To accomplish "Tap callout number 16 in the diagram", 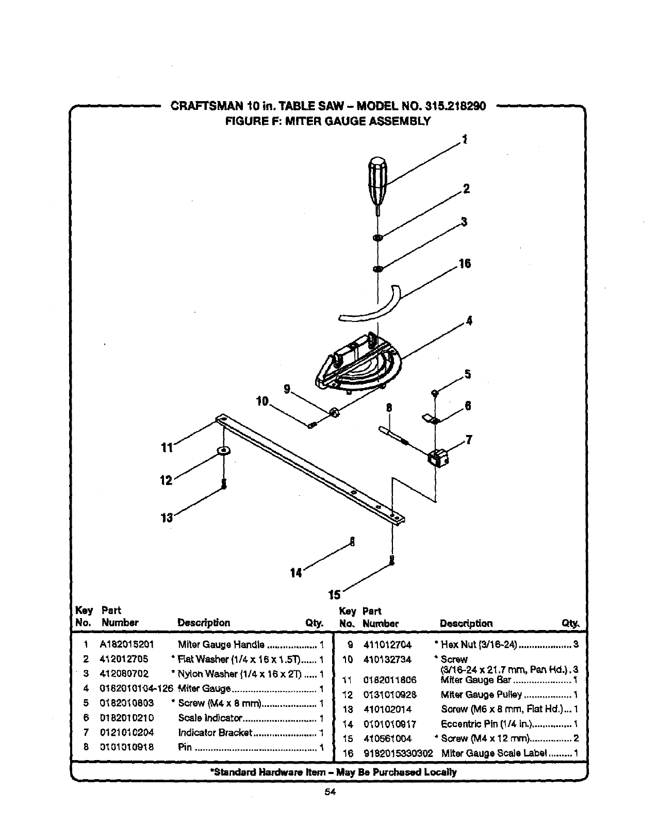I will point(464,264).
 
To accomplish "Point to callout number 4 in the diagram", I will point(469,320).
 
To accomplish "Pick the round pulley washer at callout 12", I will point(224,450).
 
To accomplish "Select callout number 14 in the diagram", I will point(295,573).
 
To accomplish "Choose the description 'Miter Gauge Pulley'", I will point(481,695).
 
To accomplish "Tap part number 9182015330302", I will point(398,753).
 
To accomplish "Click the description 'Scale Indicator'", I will point(209,718).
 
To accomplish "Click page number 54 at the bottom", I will point(330,793).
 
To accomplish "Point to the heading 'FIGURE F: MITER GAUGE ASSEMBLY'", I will point(328,121).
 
